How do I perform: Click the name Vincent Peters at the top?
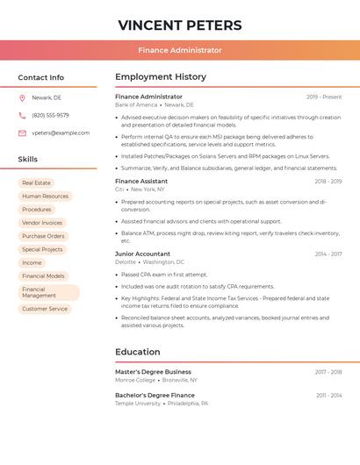click(x=180, y=25)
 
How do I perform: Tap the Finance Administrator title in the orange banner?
click(x=180, y=50)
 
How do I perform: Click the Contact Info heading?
click(x=41, y=77)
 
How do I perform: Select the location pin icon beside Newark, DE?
click(x=22, y=97)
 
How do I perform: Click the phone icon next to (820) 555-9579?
click(x=22, y=115)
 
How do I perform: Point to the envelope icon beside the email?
click(x=22, y=133)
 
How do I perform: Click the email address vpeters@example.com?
click(x=61, y=133)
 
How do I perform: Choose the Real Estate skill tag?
click(x=37, y=182)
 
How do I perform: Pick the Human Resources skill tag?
click(x=45, y=197)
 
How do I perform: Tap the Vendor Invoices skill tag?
click(x=42, y=223)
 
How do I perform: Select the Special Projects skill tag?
click(x=42, y=249)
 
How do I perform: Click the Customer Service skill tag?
click(x=45, y=309)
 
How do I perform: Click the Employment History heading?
click(x=161, y=77)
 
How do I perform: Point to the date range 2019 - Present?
click(x=324, y=97)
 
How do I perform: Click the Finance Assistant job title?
click(x=141, y=181)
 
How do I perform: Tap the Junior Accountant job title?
click(x=142, y=254)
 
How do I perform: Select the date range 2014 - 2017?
click(x=328, y=254)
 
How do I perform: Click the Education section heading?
click(x=138, y=352)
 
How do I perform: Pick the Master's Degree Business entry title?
click(x=153, y=372)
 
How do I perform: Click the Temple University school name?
click(x=138, y=404)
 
